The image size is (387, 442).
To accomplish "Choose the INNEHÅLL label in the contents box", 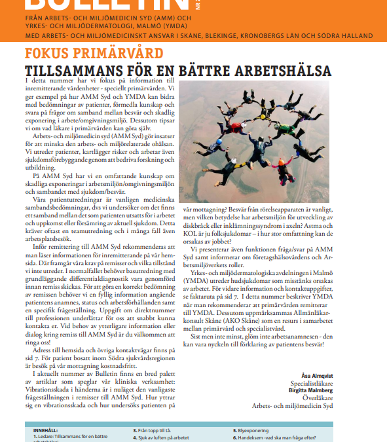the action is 45,430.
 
